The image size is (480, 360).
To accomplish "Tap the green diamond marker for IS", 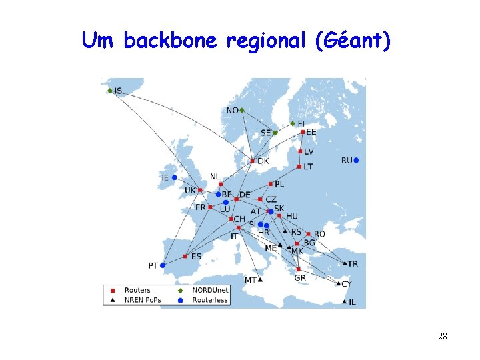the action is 110,91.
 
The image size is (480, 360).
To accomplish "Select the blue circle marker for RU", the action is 357,160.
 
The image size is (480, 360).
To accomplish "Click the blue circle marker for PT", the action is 163,265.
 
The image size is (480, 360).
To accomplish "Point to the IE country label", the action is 165,178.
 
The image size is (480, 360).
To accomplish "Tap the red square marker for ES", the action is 185,257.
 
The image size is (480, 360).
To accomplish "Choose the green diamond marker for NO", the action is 242,110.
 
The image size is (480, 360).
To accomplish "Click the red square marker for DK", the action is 252,161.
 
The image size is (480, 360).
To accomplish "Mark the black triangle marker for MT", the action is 261,280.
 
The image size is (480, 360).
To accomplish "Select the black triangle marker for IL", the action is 344,302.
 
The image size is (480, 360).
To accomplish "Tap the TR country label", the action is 353,264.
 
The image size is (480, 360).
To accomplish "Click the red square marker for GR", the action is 298,269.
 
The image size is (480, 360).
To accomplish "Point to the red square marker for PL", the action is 271,184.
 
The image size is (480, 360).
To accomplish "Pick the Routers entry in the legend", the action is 137,290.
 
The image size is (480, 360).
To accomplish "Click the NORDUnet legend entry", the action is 209,290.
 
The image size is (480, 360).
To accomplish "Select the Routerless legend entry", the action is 210,300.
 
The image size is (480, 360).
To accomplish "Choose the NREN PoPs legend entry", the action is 142,300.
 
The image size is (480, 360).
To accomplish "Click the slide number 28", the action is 443,336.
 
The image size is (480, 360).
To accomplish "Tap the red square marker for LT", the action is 300,167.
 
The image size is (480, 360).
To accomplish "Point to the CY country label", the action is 346,285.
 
